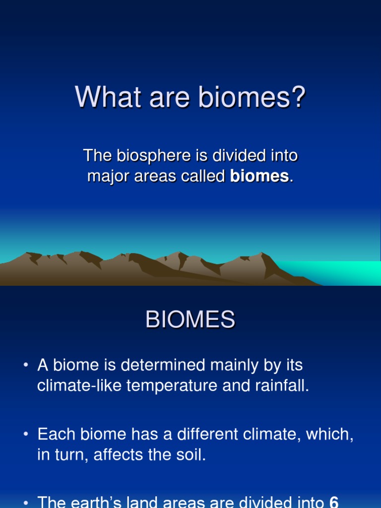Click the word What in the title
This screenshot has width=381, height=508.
coord(108,97)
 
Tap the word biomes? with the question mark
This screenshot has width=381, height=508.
coord(252,97)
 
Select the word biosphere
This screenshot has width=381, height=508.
coord(154,156)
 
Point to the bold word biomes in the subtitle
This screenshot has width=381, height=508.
coord(259,176)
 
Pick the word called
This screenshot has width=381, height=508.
coord(203,176)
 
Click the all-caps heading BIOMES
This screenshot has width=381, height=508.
coord(190,319)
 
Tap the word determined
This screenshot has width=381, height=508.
coord(163,365)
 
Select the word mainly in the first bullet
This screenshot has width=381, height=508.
coord(234,366)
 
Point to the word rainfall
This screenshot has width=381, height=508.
coord(282,385)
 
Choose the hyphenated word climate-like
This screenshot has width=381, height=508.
coord(79,385)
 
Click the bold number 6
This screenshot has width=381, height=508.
coord(334,502)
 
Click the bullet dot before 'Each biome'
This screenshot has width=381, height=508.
coord(26,434)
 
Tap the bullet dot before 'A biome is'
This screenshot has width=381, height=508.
coord(26,365)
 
